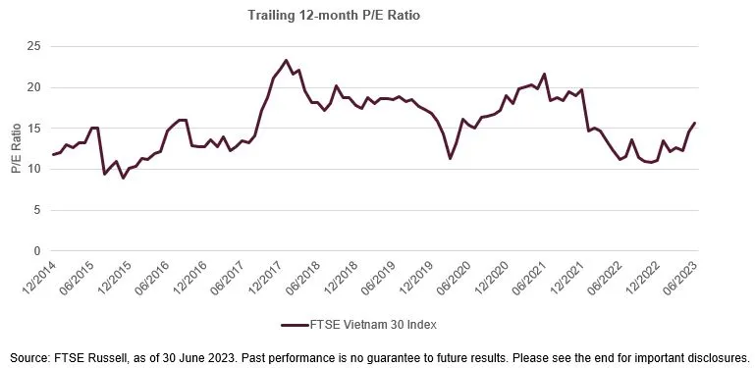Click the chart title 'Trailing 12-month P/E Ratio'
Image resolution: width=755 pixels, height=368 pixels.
click(x=376, y=15)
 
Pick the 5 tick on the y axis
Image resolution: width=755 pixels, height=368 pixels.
click(x=36, y=210)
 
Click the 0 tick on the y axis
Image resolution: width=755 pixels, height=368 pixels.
click(x=36, y=251)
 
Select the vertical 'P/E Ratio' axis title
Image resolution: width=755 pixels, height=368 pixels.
click(x=15, y=149)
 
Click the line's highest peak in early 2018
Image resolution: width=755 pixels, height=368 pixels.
click(x=286, y=60)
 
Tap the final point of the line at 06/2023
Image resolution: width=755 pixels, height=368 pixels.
click(x=695, y=123)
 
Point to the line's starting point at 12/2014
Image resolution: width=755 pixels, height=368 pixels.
click(x=53, y=154)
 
